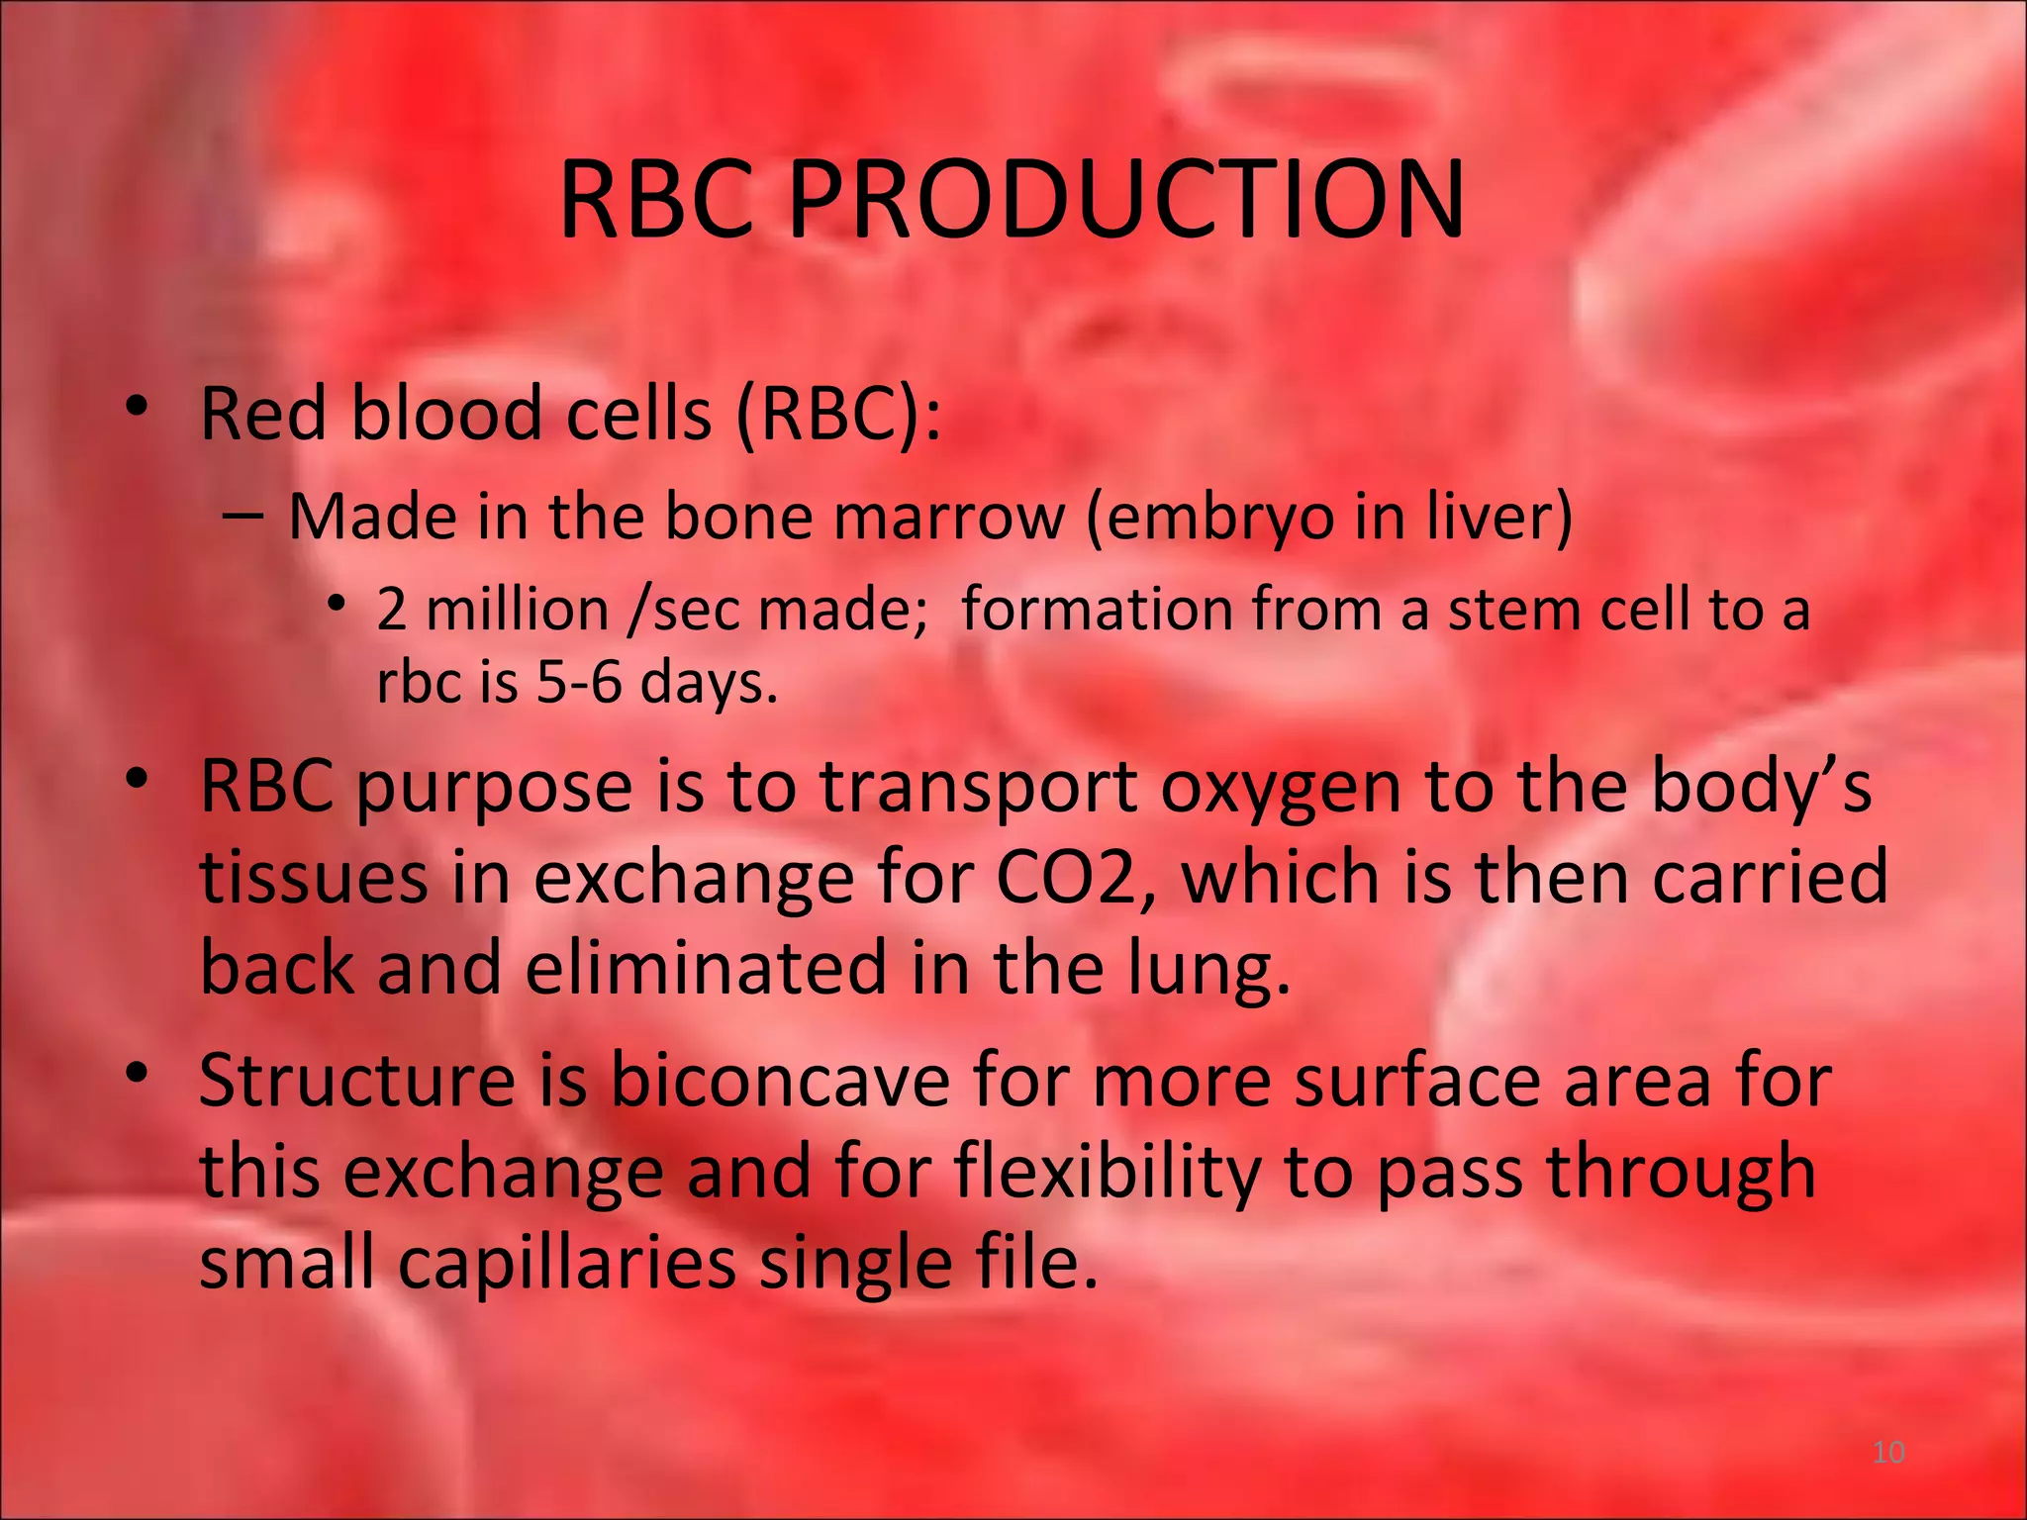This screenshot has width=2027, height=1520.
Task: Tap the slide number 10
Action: click(x=1888, y=1452)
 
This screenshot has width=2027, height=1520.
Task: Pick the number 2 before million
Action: click(x=392, y=609)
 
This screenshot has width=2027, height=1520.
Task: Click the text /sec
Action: click(x=684, y=609)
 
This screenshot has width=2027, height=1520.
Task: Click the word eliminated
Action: click(x=706, y=967)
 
